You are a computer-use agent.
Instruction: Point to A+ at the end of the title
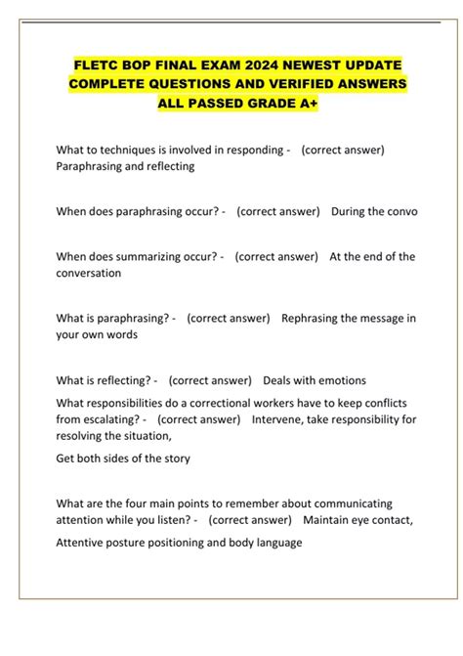click(x=306, y=104)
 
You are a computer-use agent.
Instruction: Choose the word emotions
click(x=338, y=379)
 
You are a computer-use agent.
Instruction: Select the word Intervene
click(x=281, y=419)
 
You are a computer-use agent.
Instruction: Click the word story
click(x=175, y=458)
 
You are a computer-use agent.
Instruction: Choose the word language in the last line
click(x=275, y=543)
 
